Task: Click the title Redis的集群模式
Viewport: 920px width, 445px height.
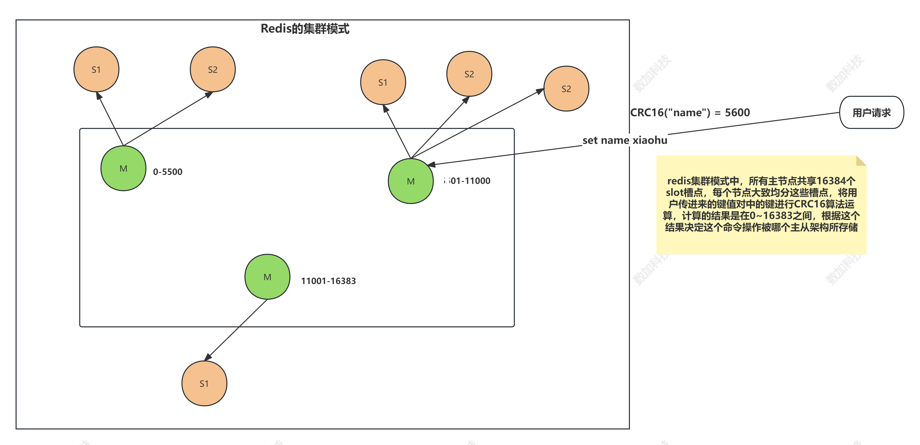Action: (x=305, y=28)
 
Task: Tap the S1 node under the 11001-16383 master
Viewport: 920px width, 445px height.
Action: (x=204, y=383)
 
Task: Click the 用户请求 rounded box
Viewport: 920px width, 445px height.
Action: (x=871, y=112)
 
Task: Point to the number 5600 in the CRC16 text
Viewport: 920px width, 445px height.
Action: (x=737, y=112)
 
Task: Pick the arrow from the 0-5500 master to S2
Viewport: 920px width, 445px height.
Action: (x=168, y=119)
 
